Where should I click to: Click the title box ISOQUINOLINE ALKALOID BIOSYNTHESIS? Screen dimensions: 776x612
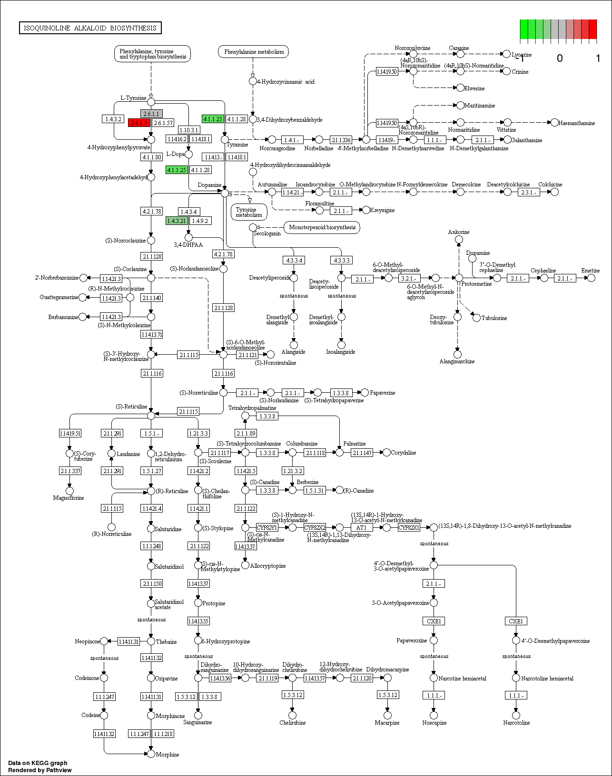90,28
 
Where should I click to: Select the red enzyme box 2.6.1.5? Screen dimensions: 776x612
139,123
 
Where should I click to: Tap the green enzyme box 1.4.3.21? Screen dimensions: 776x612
177,221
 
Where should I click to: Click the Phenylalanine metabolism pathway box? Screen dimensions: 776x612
253,52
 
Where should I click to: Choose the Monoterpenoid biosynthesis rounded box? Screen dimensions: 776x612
322,227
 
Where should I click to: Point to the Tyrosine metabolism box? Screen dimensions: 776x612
248,212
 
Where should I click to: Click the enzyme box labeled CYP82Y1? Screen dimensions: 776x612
267,527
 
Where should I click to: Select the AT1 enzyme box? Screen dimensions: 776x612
362,527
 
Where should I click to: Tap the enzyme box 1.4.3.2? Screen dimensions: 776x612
113,119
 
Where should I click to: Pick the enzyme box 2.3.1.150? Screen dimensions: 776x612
152,583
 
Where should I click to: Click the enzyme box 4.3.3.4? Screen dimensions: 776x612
294,260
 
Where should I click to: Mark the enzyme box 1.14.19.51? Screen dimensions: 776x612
70,433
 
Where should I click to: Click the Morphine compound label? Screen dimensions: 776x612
168,755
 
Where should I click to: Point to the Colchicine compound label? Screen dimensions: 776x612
550,184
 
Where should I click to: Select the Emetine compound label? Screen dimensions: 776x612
590,271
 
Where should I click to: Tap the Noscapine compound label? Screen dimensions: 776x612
434,723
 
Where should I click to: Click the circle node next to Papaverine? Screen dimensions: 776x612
365,392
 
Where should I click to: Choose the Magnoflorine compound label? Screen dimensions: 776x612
69,498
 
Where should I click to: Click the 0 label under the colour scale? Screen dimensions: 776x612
560,58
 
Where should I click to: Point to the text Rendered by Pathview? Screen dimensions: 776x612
40,770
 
